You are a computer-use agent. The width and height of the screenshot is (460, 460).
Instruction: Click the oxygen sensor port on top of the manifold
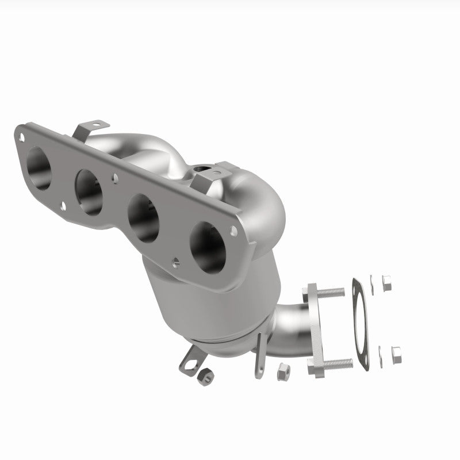point(202,168)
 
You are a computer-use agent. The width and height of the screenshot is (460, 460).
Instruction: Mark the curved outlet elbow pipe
point(293,328)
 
